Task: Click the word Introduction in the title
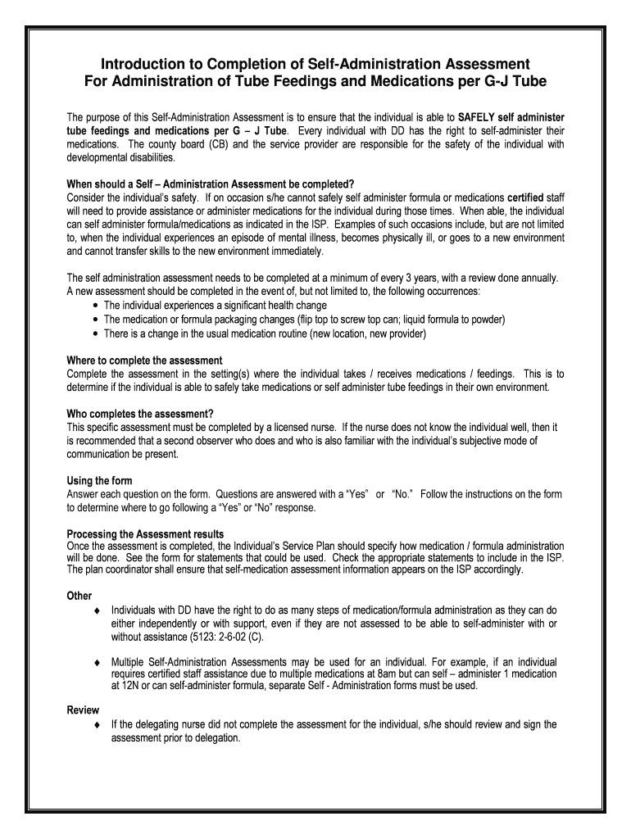[x=139, y=64]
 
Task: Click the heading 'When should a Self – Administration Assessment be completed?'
[x=211, y=184]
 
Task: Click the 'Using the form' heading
[x=99, y=480]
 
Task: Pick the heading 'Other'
[x=79, y=596]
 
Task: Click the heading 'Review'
[x=83, y=710]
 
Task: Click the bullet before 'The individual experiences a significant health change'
[x=97, y=306]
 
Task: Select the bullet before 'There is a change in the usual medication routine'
[x=97, y=333]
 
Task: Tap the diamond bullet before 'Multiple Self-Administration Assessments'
[x=97, y=661]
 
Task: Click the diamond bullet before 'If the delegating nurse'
[x=97, y=725]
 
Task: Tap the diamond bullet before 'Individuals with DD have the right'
[x=97, y=610]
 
